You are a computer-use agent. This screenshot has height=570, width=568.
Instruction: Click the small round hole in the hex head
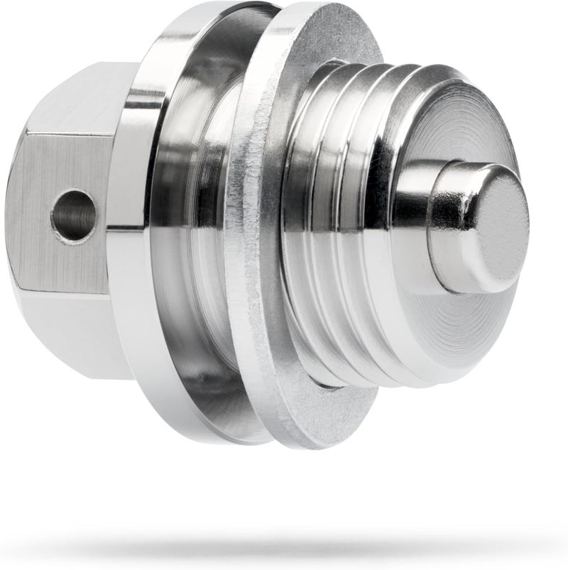[74, 215]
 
